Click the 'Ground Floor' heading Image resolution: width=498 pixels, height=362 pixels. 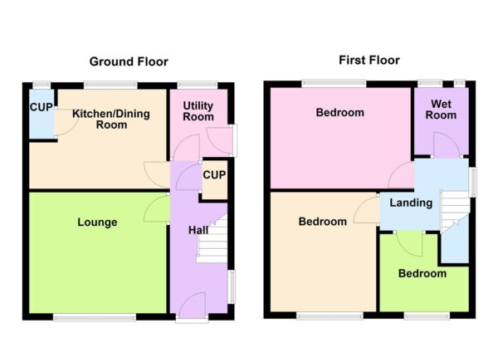pos(129,61)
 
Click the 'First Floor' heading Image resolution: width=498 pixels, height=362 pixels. pos(369,60)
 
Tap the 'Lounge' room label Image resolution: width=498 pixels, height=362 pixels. pos(97,223)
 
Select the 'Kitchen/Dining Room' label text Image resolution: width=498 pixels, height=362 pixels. pos(110,120)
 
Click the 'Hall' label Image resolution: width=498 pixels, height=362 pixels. pos(197,230)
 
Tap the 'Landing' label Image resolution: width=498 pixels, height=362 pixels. pos(411,203)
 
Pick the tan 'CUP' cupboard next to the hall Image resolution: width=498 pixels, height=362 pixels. pos(214,175)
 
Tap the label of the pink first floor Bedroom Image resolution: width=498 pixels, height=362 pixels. pos(340,113)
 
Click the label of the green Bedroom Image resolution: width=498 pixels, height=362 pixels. pos(422,273)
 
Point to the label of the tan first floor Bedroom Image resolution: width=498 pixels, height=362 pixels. pos(323,222)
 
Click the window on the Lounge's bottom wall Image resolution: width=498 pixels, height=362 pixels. pos(95,316)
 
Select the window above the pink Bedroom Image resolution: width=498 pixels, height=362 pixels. pos(334,82)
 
